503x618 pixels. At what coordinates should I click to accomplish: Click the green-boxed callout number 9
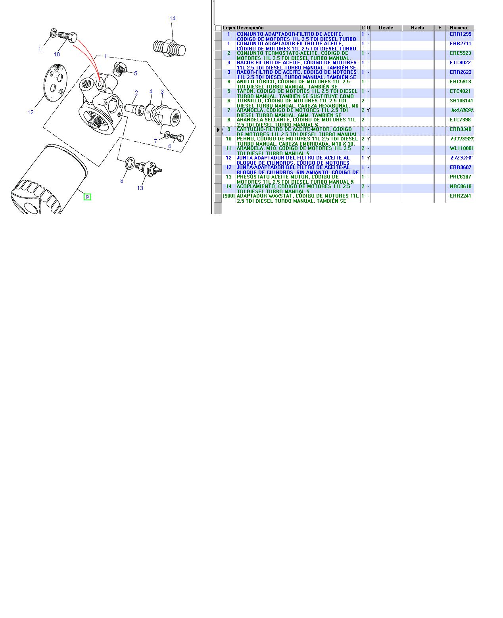[x=87, y=197]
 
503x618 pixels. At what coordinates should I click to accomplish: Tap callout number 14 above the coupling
[x=173, y=18]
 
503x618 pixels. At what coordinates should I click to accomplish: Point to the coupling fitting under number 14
[x=169, y=47]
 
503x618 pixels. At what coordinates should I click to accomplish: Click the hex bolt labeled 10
[x=68, y=36]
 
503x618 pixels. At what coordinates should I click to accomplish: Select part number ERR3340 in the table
[x=461, y=129]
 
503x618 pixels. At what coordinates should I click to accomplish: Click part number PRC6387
[x=461, y=177]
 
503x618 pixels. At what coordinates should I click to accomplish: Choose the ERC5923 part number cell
[x=461, y=53]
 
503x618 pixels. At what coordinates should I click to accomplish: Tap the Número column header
[x=459, y=28]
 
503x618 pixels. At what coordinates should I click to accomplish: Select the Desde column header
[x=386, y=28]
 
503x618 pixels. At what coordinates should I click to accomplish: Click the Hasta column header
[x=418, y=28]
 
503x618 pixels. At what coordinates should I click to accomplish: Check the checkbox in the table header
[x=218, y=28]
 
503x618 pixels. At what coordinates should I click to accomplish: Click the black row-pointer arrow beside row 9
[x=218, y=130]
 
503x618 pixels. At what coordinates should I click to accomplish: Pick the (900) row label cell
[x=228, y=196]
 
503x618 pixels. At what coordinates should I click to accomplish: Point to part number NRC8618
[x=461, y=186]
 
